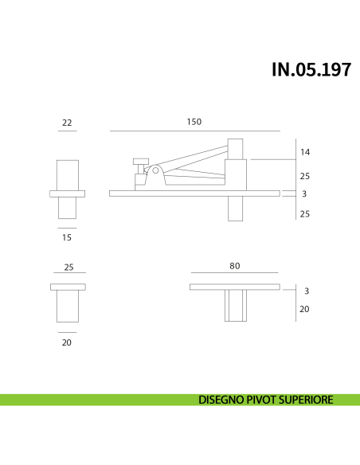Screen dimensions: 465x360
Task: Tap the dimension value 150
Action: (x=194, y=122)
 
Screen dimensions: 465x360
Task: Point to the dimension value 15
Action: (x=67, y=237)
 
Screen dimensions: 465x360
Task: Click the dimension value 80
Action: (x=234, y=267)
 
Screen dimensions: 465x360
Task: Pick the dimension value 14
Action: (x=304, y=152)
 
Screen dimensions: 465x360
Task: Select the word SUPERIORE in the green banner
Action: (x=307, y=400)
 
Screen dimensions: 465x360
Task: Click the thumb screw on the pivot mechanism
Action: (x=141, y=165)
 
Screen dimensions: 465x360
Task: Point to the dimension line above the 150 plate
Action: (x=194, y=131)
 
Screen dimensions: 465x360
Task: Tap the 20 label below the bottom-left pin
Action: (x=67, y=342)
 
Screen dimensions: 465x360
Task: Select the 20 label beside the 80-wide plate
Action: (x=303, y=309)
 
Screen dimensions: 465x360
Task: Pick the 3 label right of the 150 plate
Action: (x=303, y=193)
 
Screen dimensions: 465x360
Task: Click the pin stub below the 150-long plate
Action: (x=234, y=208)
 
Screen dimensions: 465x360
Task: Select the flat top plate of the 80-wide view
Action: (x=234, y=286)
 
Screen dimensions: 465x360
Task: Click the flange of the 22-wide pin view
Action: (x=67, y=193)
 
